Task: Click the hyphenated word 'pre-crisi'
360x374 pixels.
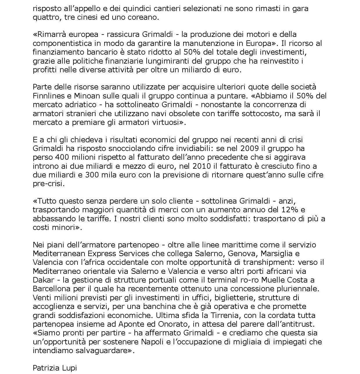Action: click(48, 184)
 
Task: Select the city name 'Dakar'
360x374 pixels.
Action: click(44, 280)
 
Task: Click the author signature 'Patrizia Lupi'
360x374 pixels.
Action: click(55, 368)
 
